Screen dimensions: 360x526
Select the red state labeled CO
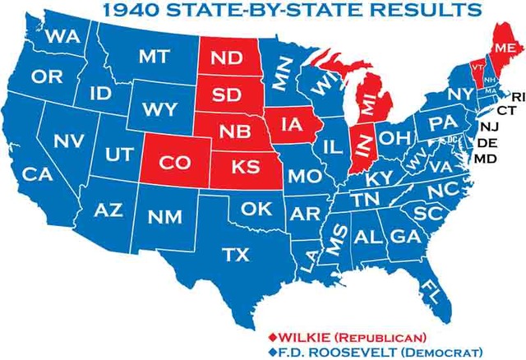click(175, 163)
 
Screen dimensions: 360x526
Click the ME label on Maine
click(504, 48)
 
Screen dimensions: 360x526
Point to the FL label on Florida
click(429, 289)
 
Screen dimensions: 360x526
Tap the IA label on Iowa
click(292, 125)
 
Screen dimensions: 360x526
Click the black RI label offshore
click(517, 96)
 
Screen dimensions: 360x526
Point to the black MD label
click(486, 158)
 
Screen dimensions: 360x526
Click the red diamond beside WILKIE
click(272, 336)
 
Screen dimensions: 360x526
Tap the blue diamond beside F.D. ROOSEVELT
click(272, 351)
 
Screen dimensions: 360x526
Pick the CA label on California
click(37, 174)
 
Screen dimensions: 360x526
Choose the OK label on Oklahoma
click(256, 209)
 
